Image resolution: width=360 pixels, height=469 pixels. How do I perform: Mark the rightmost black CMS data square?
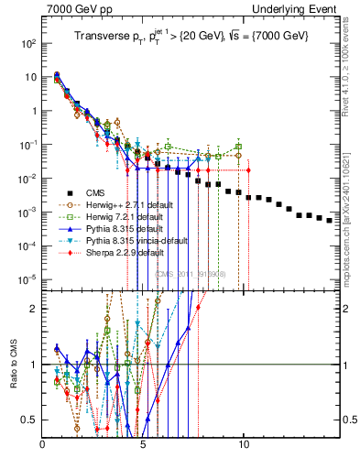[x=330, y=220]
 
